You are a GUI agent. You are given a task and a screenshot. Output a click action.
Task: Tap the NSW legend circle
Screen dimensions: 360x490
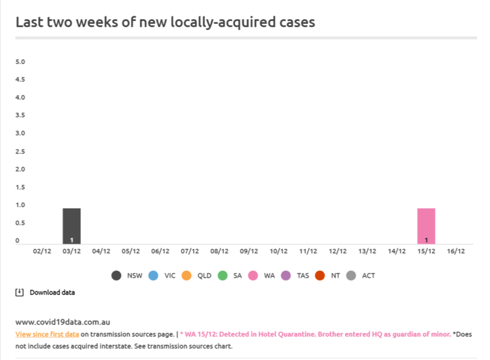116,276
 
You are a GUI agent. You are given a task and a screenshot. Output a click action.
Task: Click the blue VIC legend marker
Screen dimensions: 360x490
153,276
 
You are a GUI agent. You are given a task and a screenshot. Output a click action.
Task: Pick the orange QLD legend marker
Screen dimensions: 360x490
186,276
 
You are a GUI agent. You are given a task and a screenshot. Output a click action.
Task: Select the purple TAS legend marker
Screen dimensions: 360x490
286,276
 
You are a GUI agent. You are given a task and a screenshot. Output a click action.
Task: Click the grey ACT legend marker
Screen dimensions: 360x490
351,276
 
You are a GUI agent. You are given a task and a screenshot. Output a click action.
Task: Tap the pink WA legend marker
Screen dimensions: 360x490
253,276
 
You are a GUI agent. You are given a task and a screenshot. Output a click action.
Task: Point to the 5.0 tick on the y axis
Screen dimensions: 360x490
20,62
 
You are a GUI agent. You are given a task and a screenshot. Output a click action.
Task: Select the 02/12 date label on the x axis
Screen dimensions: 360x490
42,251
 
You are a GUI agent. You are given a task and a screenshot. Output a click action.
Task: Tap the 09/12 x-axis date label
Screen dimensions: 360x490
249,251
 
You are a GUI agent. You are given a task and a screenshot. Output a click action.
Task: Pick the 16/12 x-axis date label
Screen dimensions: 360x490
455,251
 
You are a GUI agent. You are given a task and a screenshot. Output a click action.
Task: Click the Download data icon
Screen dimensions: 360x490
20,292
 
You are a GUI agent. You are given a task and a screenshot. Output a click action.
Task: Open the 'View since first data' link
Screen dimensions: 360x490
47,334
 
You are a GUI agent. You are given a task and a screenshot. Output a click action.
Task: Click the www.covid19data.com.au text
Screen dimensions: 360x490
63,321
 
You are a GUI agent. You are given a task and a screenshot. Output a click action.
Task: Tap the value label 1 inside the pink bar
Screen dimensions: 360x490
426,240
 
